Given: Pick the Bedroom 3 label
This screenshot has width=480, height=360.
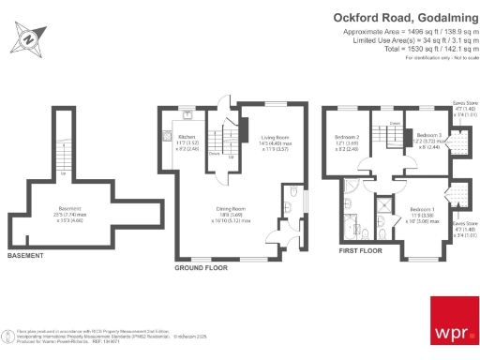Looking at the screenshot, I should coord(428,137).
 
